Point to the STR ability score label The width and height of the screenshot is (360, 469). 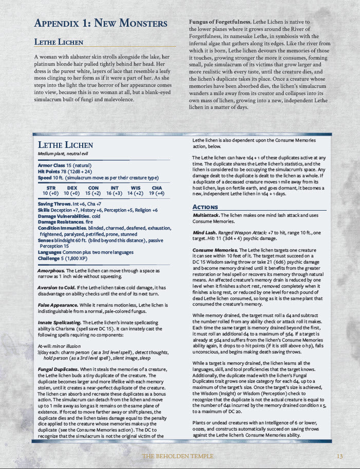51,189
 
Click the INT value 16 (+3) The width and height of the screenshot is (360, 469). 113,194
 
